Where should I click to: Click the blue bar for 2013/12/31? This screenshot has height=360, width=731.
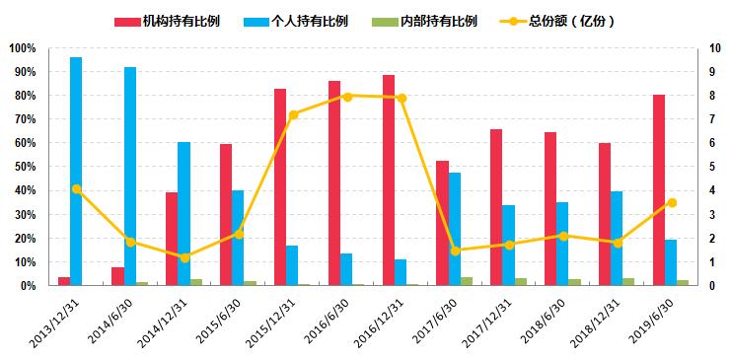(x=76, y=172)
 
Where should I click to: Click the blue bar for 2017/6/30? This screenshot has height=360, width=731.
(x=455, y=229)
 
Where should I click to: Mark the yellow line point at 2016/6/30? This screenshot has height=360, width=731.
(x=347, y=96)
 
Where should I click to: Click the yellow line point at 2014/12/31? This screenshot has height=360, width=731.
(x=184, y=257)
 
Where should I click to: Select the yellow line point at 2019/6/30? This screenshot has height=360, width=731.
(x=672, y=202)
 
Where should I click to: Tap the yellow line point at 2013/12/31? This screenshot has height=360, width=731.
(x=76, y=188)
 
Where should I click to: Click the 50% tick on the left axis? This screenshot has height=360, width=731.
(x=24, y=167)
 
